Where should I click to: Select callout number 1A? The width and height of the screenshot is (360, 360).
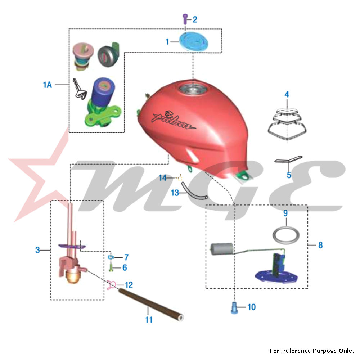tap(48, 85)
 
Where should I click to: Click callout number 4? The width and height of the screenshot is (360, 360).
tap(287, 95)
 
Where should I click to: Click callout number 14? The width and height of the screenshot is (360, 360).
tap(163, 177)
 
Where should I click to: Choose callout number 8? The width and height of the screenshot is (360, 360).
tap(320, 245)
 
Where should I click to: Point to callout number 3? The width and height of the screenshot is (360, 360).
tap(37, 250)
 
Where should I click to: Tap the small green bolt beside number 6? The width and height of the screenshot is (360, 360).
tap(112, 267)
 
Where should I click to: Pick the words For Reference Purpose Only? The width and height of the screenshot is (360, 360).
tap(311, 351)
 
